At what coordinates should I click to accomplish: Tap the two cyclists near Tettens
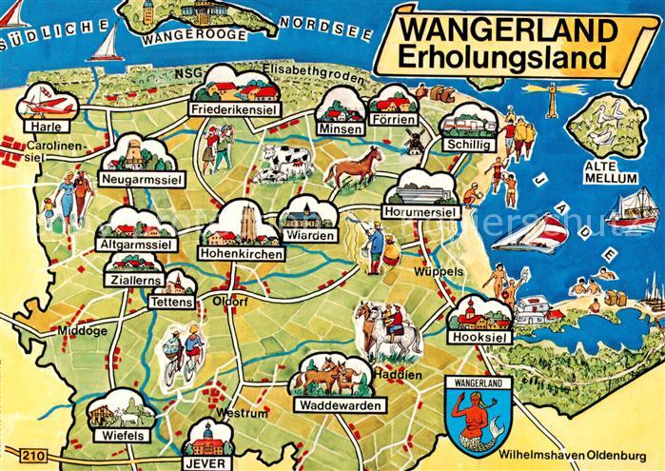(x=183, y=349)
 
